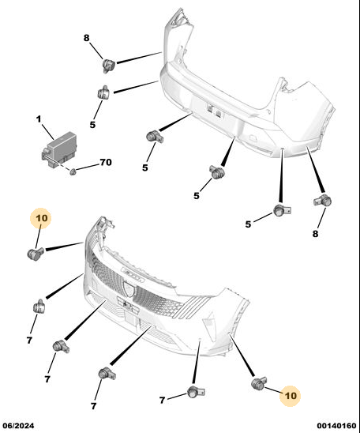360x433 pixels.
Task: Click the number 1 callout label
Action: [39, 119]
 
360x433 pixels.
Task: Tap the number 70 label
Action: [106, 163]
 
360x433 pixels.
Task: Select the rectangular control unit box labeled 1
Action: [59, 149]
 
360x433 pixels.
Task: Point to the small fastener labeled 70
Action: [73, 171]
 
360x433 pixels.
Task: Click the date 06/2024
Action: [18, 426]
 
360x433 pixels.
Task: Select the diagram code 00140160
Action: [336, 426]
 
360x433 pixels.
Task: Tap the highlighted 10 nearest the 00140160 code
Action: [291, 396]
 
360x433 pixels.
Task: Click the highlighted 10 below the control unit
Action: [41, 218]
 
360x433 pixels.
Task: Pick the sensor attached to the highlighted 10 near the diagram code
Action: [259, 383]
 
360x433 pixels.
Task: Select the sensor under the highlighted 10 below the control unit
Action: [36, 253]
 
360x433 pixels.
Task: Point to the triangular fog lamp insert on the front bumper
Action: [211, 326]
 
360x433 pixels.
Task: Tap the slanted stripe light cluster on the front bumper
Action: [193, 307]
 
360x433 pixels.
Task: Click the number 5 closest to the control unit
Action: [92, 125]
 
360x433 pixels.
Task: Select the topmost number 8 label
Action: [87, 38]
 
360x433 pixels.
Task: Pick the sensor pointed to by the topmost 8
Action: [109, 66]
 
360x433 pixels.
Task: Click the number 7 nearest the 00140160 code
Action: [162, 400]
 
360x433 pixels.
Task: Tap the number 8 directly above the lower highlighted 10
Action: [315, 234]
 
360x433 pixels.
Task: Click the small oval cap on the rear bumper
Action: [253, 137]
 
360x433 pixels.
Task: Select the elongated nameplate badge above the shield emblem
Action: [133, 274]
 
